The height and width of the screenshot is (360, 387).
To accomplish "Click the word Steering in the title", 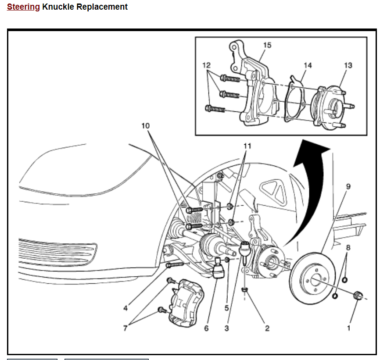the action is (23, 7).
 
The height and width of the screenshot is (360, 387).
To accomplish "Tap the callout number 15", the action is (267, 45).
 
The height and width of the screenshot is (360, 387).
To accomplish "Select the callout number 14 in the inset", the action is (308, 65).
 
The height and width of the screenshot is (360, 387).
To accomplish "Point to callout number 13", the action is (348, 65).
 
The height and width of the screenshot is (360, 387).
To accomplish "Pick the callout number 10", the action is (146, 126).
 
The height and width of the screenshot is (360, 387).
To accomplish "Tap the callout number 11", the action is (247, 146).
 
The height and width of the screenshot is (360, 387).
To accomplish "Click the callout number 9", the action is (348, 186).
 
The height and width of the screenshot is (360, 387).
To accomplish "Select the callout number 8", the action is (348, 247).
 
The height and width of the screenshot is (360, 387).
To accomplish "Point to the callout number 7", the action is (125, 328).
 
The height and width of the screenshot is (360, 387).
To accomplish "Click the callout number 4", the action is (125, 308).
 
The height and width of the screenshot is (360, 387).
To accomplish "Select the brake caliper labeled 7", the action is (187, 303).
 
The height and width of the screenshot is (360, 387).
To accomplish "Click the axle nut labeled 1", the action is (358, 295).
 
